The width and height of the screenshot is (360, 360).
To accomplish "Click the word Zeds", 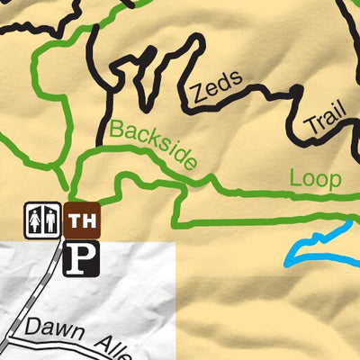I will click(x=216, y=87).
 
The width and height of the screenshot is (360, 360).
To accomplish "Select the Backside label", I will click(x=153, y=145).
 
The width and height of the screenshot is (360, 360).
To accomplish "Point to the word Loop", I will click(x=315, y=178).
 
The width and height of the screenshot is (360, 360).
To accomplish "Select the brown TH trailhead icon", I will click(x=82, y=220).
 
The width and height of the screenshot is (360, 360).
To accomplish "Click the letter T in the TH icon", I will click(x=75, y=220).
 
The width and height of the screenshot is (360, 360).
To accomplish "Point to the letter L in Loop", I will click(x=295, y=178).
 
